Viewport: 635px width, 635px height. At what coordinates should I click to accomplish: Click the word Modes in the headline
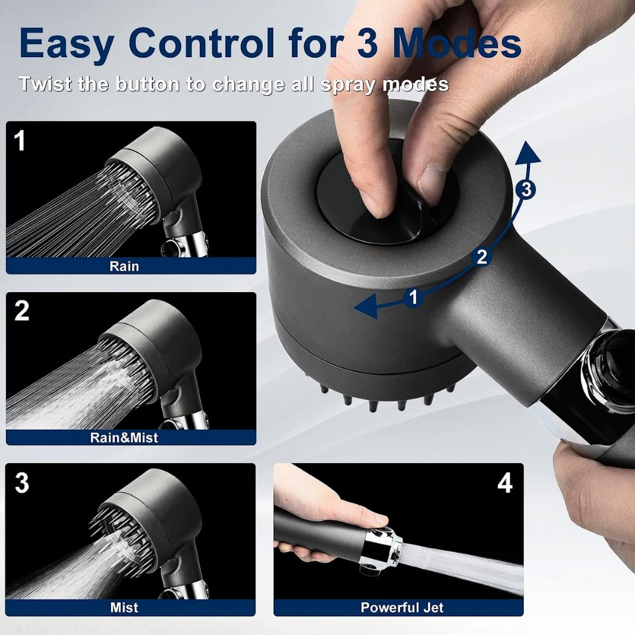tap(456, 43)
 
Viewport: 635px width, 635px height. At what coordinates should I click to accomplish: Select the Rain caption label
tap(124, 265)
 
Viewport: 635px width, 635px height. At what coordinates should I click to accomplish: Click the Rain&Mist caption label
tap(124, 437)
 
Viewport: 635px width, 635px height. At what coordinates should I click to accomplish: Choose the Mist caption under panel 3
tap(124, 608)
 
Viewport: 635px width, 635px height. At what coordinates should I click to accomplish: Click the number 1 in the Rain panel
tap(20, 140)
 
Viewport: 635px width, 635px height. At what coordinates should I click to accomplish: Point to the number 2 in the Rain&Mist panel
tap(22, 311)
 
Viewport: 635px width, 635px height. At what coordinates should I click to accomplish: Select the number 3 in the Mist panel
tap(22, 483)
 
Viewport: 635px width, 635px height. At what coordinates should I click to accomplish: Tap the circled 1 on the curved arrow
tap(413, 297)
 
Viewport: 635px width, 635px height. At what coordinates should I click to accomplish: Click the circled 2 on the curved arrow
tap(482, 257)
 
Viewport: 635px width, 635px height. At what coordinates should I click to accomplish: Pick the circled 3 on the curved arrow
tap(525, 189)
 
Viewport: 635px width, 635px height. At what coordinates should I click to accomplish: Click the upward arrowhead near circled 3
tap(526, 153)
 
